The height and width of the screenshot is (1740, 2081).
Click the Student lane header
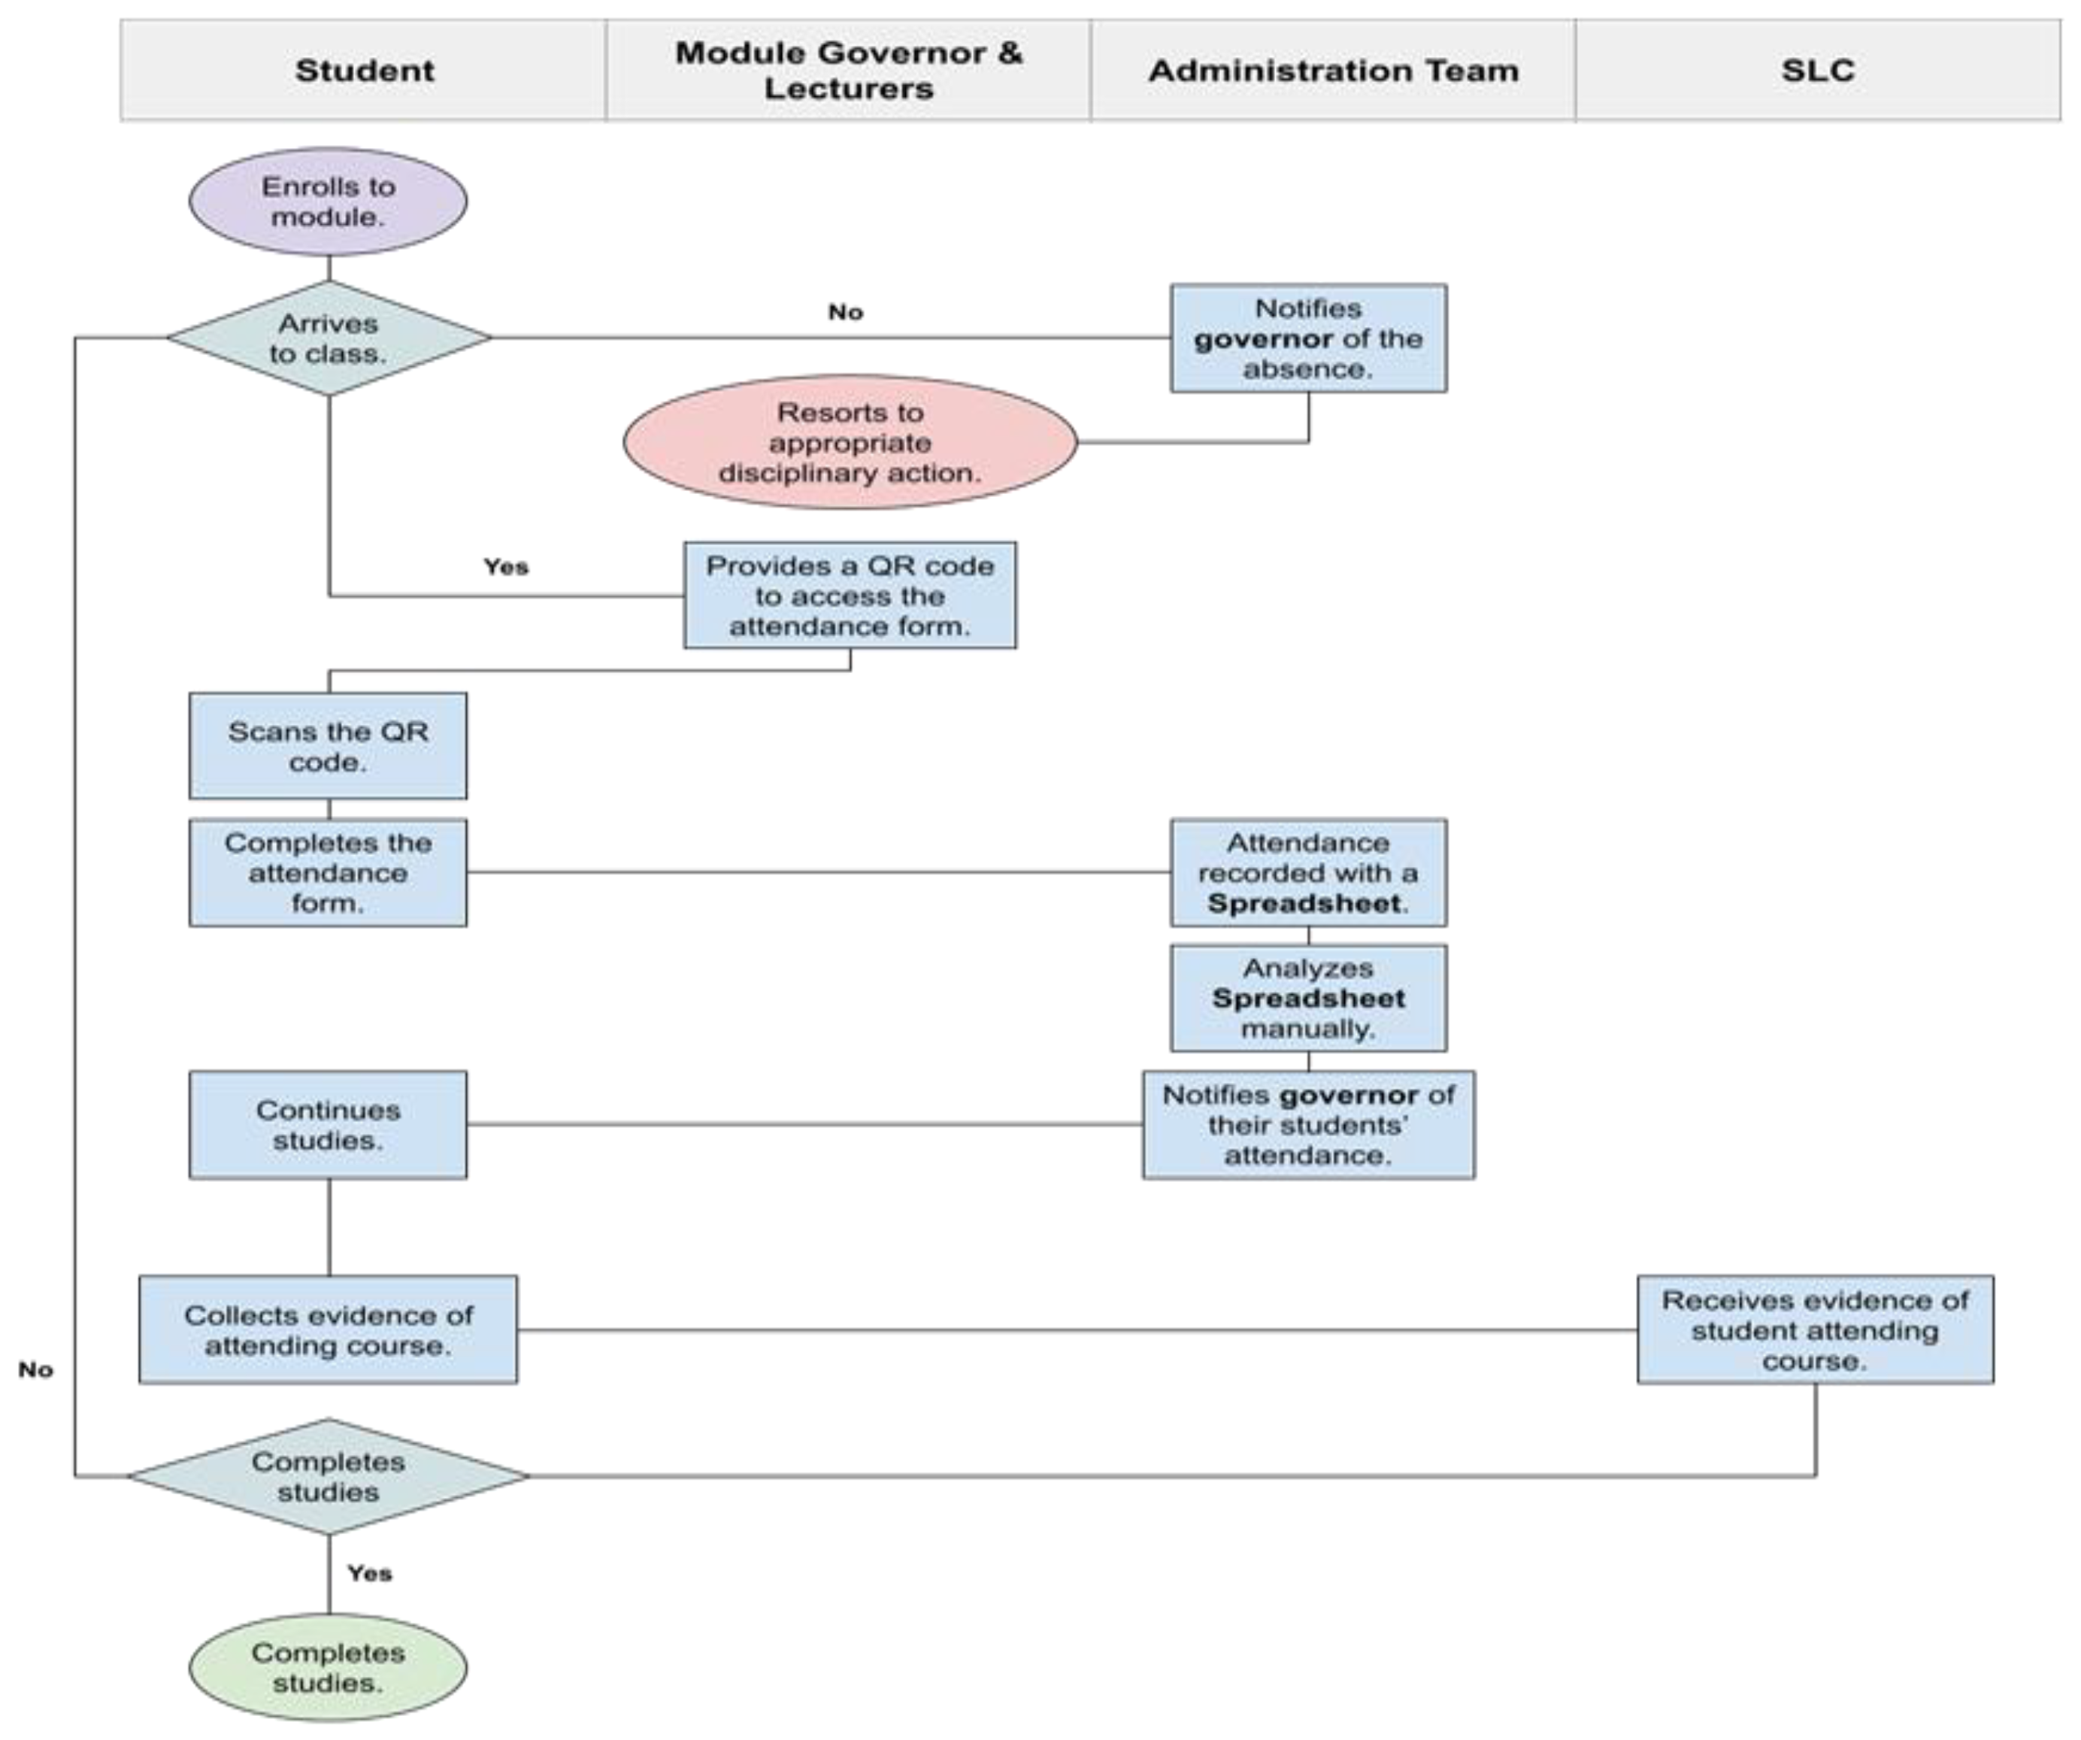[364, 71]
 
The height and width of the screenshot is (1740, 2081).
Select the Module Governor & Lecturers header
[848, 71]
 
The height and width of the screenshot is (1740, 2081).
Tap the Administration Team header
[1333, 71]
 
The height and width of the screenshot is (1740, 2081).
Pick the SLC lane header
[1817, 71]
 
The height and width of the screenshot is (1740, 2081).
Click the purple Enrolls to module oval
[328, 202]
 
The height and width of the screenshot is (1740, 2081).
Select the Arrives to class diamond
[328, 338]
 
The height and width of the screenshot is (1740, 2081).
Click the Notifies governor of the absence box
[1308, 338]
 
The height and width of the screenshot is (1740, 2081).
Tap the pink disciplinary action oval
[850, 442]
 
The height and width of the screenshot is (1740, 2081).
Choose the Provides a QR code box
[850, 596]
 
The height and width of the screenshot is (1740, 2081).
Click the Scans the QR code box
[328, 746]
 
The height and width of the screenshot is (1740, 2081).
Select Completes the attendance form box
[328, 872]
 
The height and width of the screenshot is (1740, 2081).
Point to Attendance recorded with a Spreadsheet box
[1308, 872]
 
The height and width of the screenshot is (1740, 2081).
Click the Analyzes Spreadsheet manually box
[1308, 998]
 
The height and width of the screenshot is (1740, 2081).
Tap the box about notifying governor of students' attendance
[1308, 1125]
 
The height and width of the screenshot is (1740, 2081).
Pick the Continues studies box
[328, 1125]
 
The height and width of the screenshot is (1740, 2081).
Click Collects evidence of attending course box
[328, 1329]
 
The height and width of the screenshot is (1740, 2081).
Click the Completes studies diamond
[328, 1476]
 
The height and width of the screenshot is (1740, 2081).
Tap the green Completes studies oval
[328, 1668]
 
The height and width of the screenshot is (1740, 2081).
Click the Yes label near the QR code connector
[505, 567]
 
